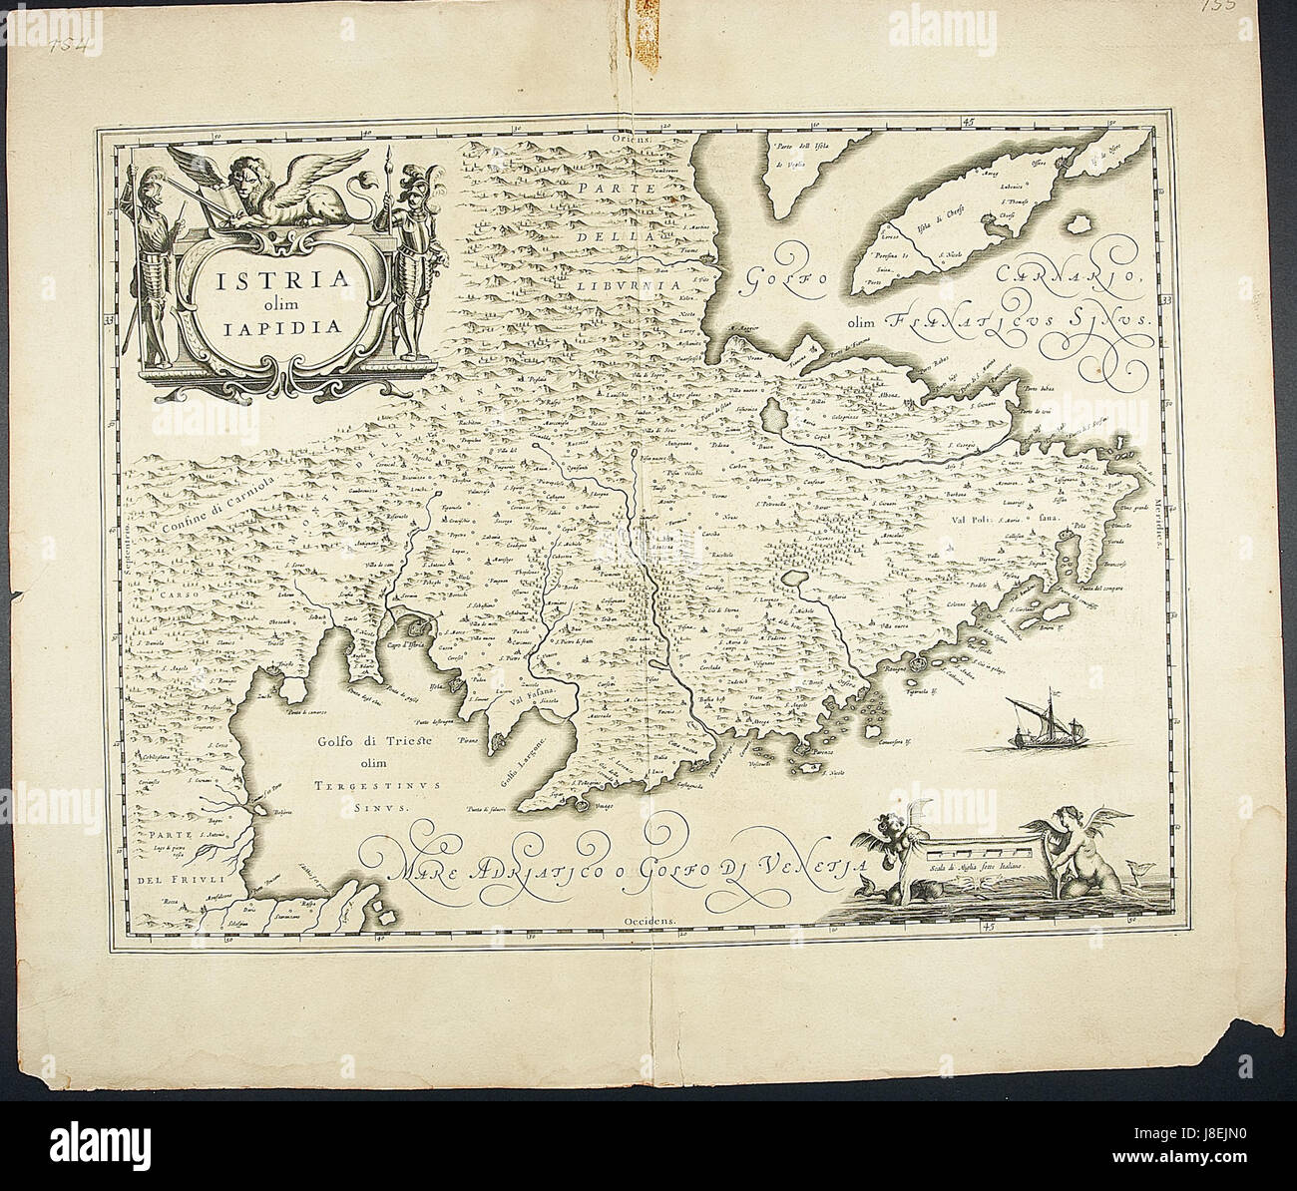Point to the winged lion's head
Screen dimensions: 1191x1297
pos(249,175)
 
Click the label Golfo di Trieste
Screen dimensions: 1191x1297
pos(344,741)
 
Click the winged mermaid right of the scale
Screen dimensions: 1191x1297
pos(1078,848)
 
